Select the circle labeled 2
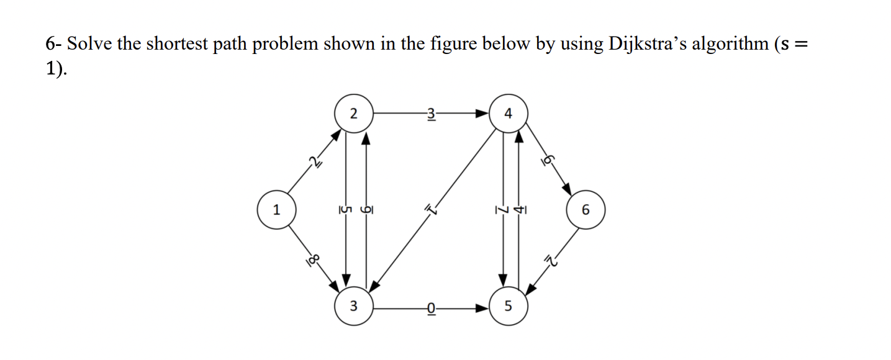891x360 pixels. click(353, 114)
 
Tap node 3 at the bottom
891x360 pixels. click(353, 306)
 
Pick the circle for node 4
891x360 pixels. click(509, 114)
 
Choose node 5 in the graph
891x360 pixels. click(509, 306)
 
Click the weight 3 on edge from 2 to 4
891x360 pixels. click(431, 114)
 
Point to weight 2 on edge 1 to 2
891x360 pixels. click(315, 163)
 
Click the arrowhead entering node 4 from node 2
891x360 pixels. click(482, 114)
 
